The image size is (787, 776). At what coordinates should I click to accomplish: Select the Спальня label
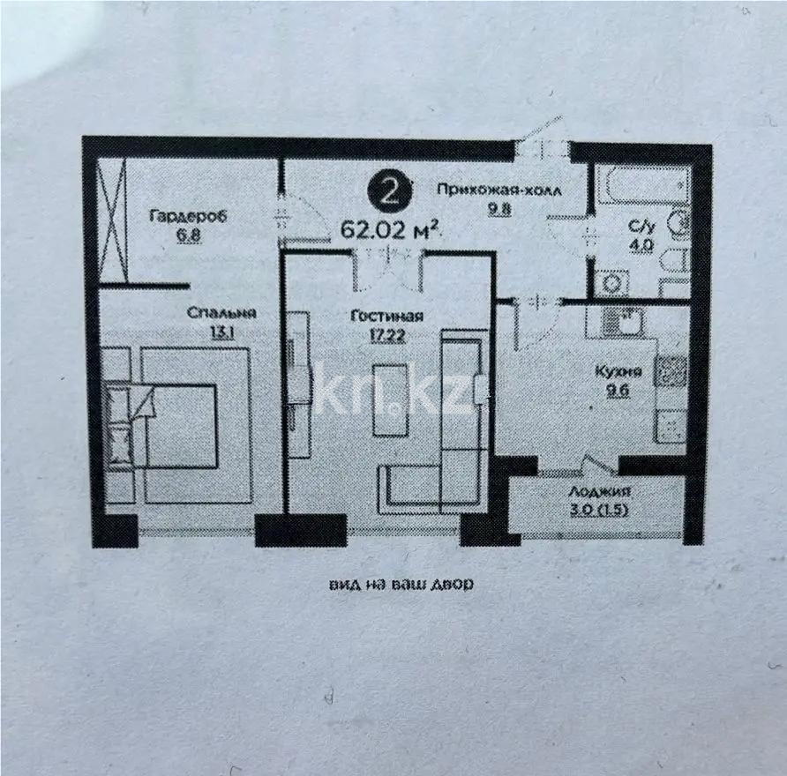pyautogui.click(x=221, y=312)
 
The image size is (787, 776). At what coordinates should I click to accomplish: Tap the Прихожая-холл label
pyautogui.click(x=498, y=189)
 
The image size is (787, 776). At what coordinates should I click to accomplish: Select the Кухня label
pyautogui.click(x=625, y=371)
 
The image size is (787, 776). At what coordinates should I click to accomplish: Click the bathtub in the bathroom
pyautogui.click(x=641, y=183)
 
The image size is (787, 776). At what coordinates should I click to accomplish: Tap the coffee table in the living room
pyautogui.click(x=392, y=400)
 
